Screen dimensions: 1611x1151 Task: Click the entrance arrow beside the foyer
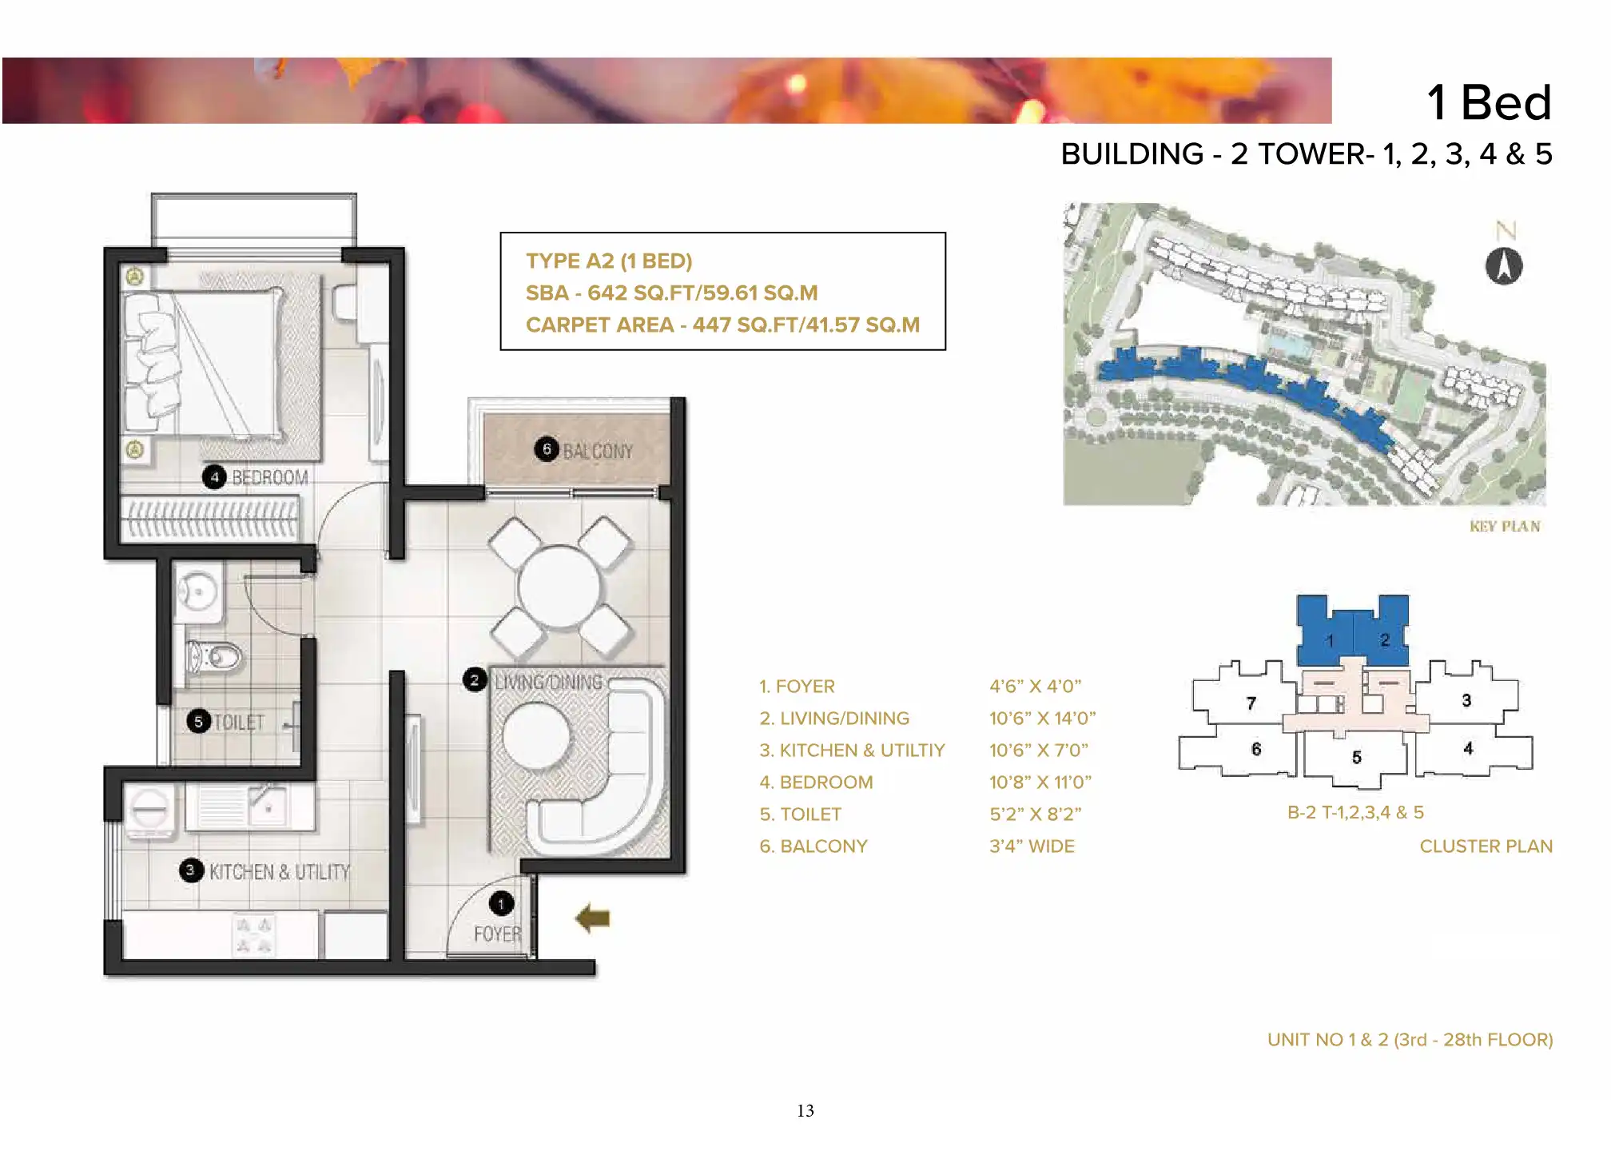592,918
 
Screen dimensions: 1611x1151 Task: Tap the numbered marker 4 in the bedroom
214,477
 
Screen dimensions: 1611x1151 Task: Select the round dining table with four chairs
559,587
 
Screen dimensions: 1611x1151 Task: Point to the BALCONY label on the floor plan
598,452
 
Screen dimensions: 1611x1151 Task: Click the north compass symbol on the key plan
1504,266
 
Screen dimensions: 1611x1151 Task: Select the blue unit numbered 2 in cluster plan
1382,631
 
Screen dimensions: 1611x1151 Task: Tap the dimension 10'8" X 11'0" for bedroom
1040,782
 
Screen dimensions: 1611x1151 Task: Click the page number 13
805,1110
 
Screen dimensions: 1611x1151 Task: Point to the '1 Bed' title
1489,102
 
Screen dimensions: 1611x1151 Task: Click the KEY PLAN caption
1505,526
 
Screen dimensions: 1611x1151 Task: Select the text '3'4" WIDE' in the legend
1032,846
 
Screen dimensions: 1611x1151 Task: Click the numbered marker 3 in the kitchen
190,870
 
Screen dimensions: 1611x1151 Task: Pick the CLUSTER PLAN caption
1486,846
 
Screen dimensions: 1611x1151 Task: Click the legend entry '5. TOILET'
801,814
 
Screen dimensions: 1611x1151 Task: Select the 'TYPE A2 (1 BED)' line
609,261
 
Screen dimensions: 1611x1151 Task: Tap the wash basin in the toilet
197,592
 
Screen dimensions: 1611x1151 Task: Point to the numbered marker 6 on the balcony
547,449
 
